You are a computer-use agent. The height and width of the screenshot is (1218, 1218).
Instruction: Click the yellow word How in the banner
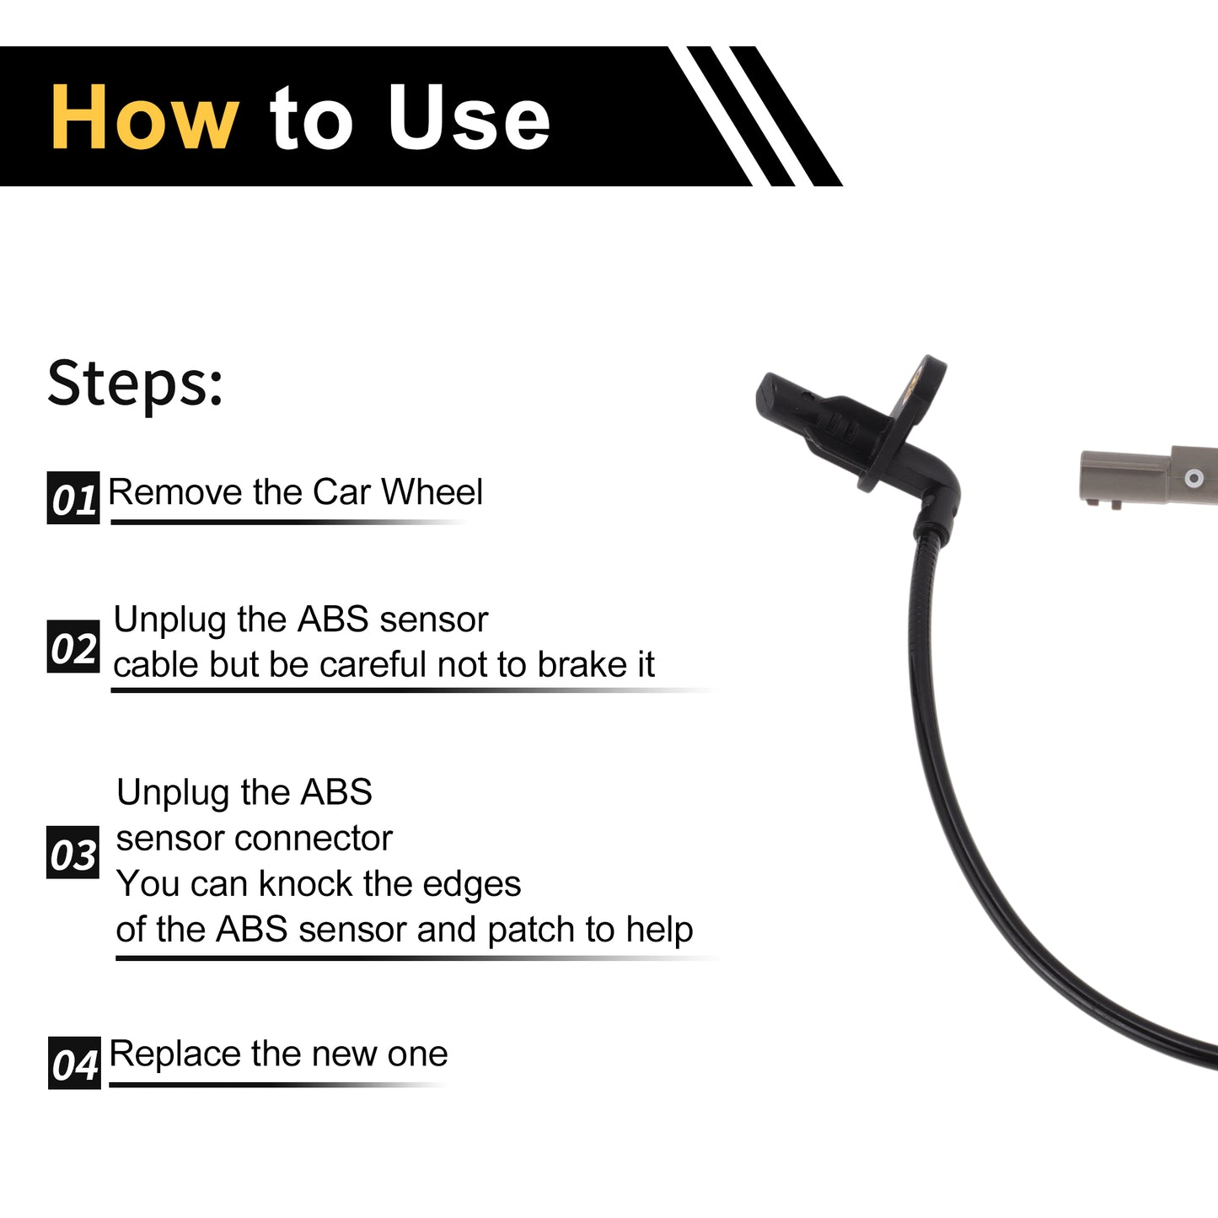coord(144,118)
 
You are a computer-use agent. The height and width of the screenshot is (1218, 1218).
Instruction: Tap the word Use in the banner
coord(469,118)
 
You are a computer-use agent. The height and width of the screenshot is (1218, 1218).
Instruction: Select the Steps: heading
coord(135,384)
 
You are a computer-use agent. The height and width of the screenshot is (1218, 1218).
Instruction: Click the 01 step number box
coord(73,497)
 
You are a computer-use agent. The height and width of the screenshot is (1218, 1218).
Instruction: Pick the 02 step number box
coord(73,647)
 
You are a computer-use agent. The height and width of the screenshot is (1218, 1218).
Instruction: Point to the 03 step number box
coord(72,852)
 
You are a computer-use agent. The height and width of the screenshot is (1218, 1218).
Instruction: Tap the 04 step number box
coord(74,1063)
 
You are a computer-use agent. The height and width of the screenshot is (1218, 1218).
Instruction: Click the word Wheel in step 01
coord(432,491)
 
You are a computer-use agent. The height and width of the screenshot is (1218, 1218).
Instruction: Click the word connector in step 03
coord(314,839)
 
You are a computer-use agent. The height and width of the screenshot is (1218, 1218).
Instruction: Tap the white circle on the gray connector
coord(1194,478)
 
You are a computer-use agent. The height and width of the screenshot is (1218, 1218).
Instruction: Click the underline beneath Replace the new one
coord(278,1085)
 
